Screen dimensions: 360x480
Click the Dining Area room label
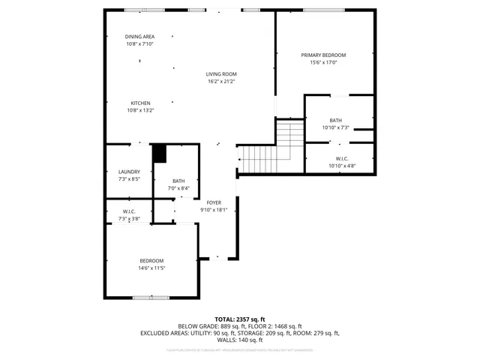[x=139, y=36]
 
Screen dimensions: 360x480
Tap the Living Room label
[x=222, y=73]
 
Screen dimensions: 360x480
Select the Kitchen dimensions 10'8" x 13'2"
[x=140, y=110]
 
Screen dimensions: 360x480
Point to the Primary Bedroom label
[x=324, y=55]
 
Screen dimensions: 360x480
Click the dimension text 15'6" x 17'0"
[x=324, y=62]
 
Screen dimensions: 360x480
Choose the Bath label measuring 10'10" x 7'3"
[x=335, y=120]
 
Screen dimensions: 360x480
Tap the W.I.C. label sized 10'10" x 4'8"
[x=341, y=158]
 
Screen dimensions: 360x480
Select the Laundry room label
[x=129, y=172]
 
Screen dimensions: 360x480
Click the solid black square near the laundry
[x=159, y=153]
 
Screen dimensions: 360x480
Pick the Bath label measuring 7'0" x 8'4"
[x=178, y=181]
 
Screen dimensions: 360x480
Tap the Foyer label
[x=214, y=202]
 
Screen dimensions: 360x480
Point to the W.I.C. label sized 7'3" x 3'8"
[x=129, y=211]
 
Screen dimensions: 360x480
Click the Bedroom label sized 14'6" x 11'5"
[x=151, y=260]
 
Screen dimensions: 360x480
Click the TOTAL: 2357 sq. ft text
[x=240, y=319]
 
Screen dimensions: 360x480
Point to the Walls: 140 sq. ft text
[x=240, y=340]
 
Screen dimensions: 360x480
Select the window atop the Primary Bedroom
[x=324, y=10]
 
